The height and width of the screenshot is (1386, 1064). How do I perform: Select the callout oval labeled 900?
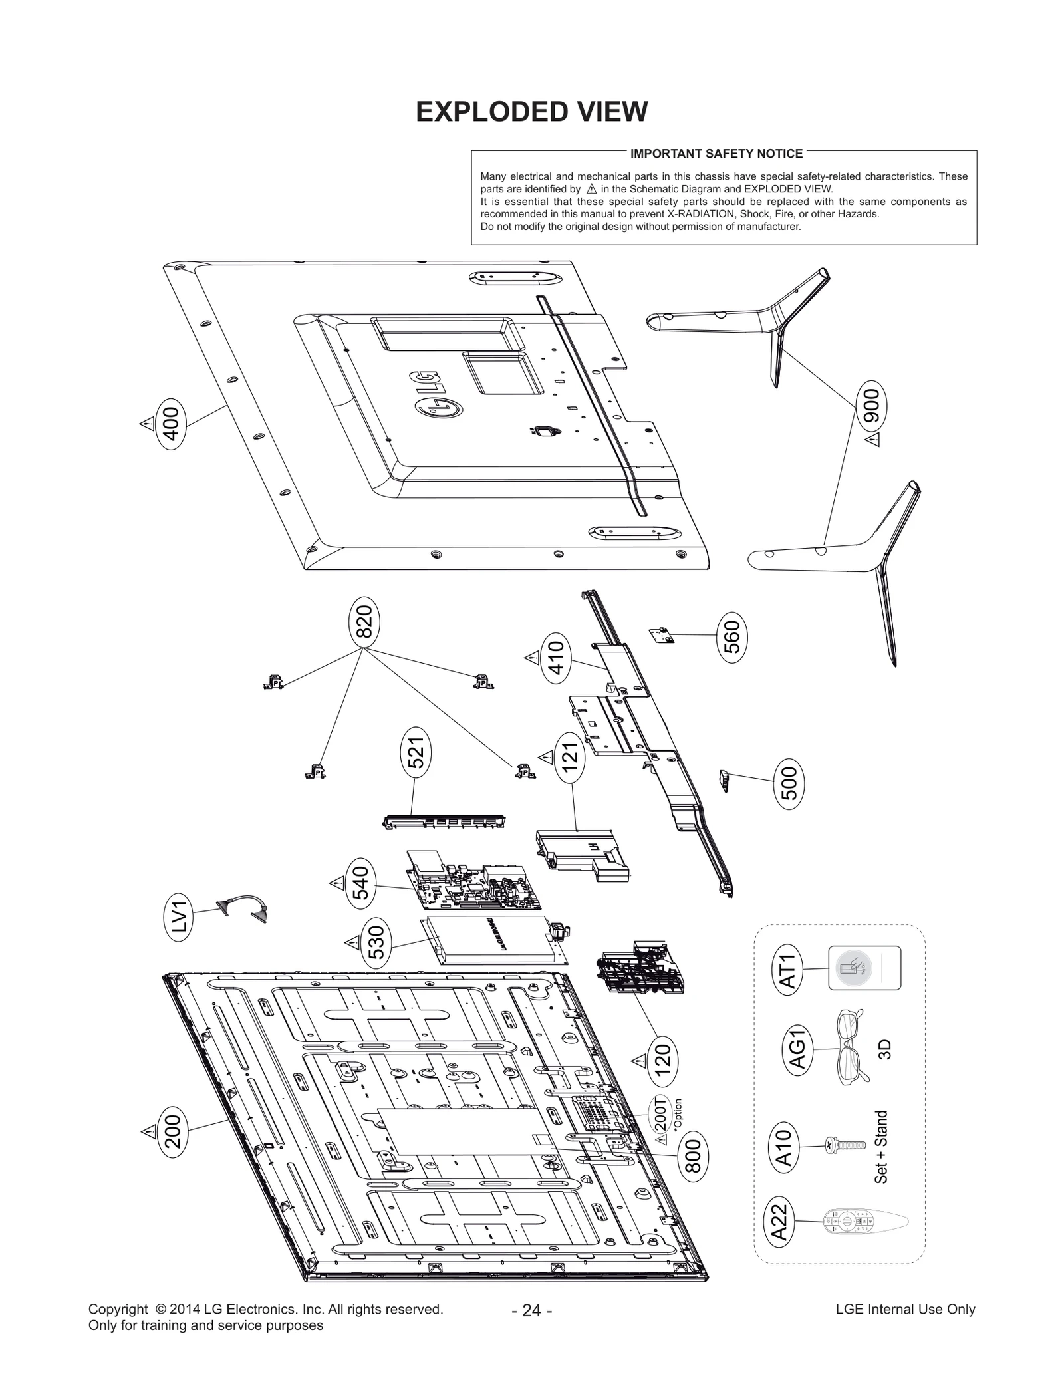pyautogui.click(x=871, y=405)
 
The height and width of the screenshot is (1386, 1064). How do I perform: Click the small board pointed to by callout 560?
pyautogui.click(x=662, y=634)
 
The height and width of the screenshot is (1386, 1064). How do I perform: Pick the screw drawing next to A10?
pyautogui.click(x=845, y=1145)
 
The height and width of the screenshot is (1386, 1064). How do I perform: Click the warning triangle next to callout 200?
pyautogui.click(x=147, y=1131)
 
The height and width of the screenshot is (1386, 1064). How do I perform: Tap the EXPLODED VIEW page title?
pyautogui.click(x=531, y=112)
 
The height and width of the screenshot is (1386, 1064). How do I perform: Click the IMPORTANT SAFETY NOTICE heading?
pyautogui.click(x=716, y=154)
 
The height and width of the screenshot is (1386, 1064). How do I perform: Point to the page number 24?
pyautogui.click(x=531, y=1310)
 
